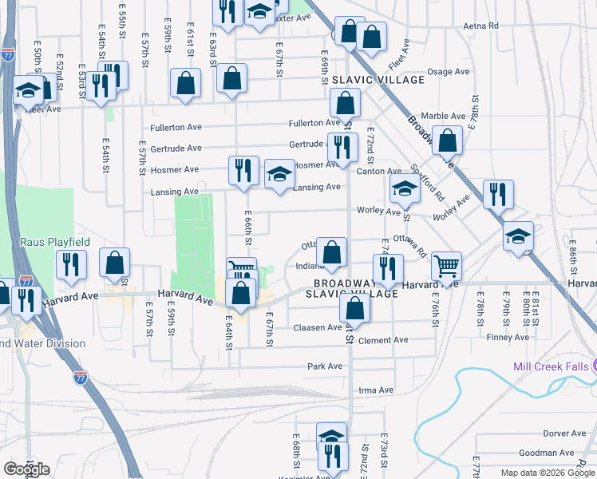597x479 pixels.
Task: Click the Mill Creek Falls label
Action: click(x=544, y=366)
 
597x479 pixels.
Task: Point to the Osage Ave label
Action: click(x=448, y=72)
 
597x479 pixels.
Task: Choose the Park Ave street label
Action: click(x=325, y=366)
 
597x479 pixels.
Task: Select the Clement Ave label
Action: click(x=383, y=340)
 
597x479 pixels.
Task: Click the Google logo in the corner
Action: click(x=26, y=469)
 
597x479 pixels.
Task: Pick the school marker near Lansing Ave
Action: click(x=279, y=176)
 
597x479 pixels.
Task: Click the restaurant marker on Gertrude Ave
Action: click(x=342, y=147)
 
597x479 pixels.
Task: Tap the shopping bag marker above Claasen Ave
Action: click(x=354, y=308)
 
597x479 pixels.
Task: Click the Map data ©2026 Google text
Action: click(x=547, y=473)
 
